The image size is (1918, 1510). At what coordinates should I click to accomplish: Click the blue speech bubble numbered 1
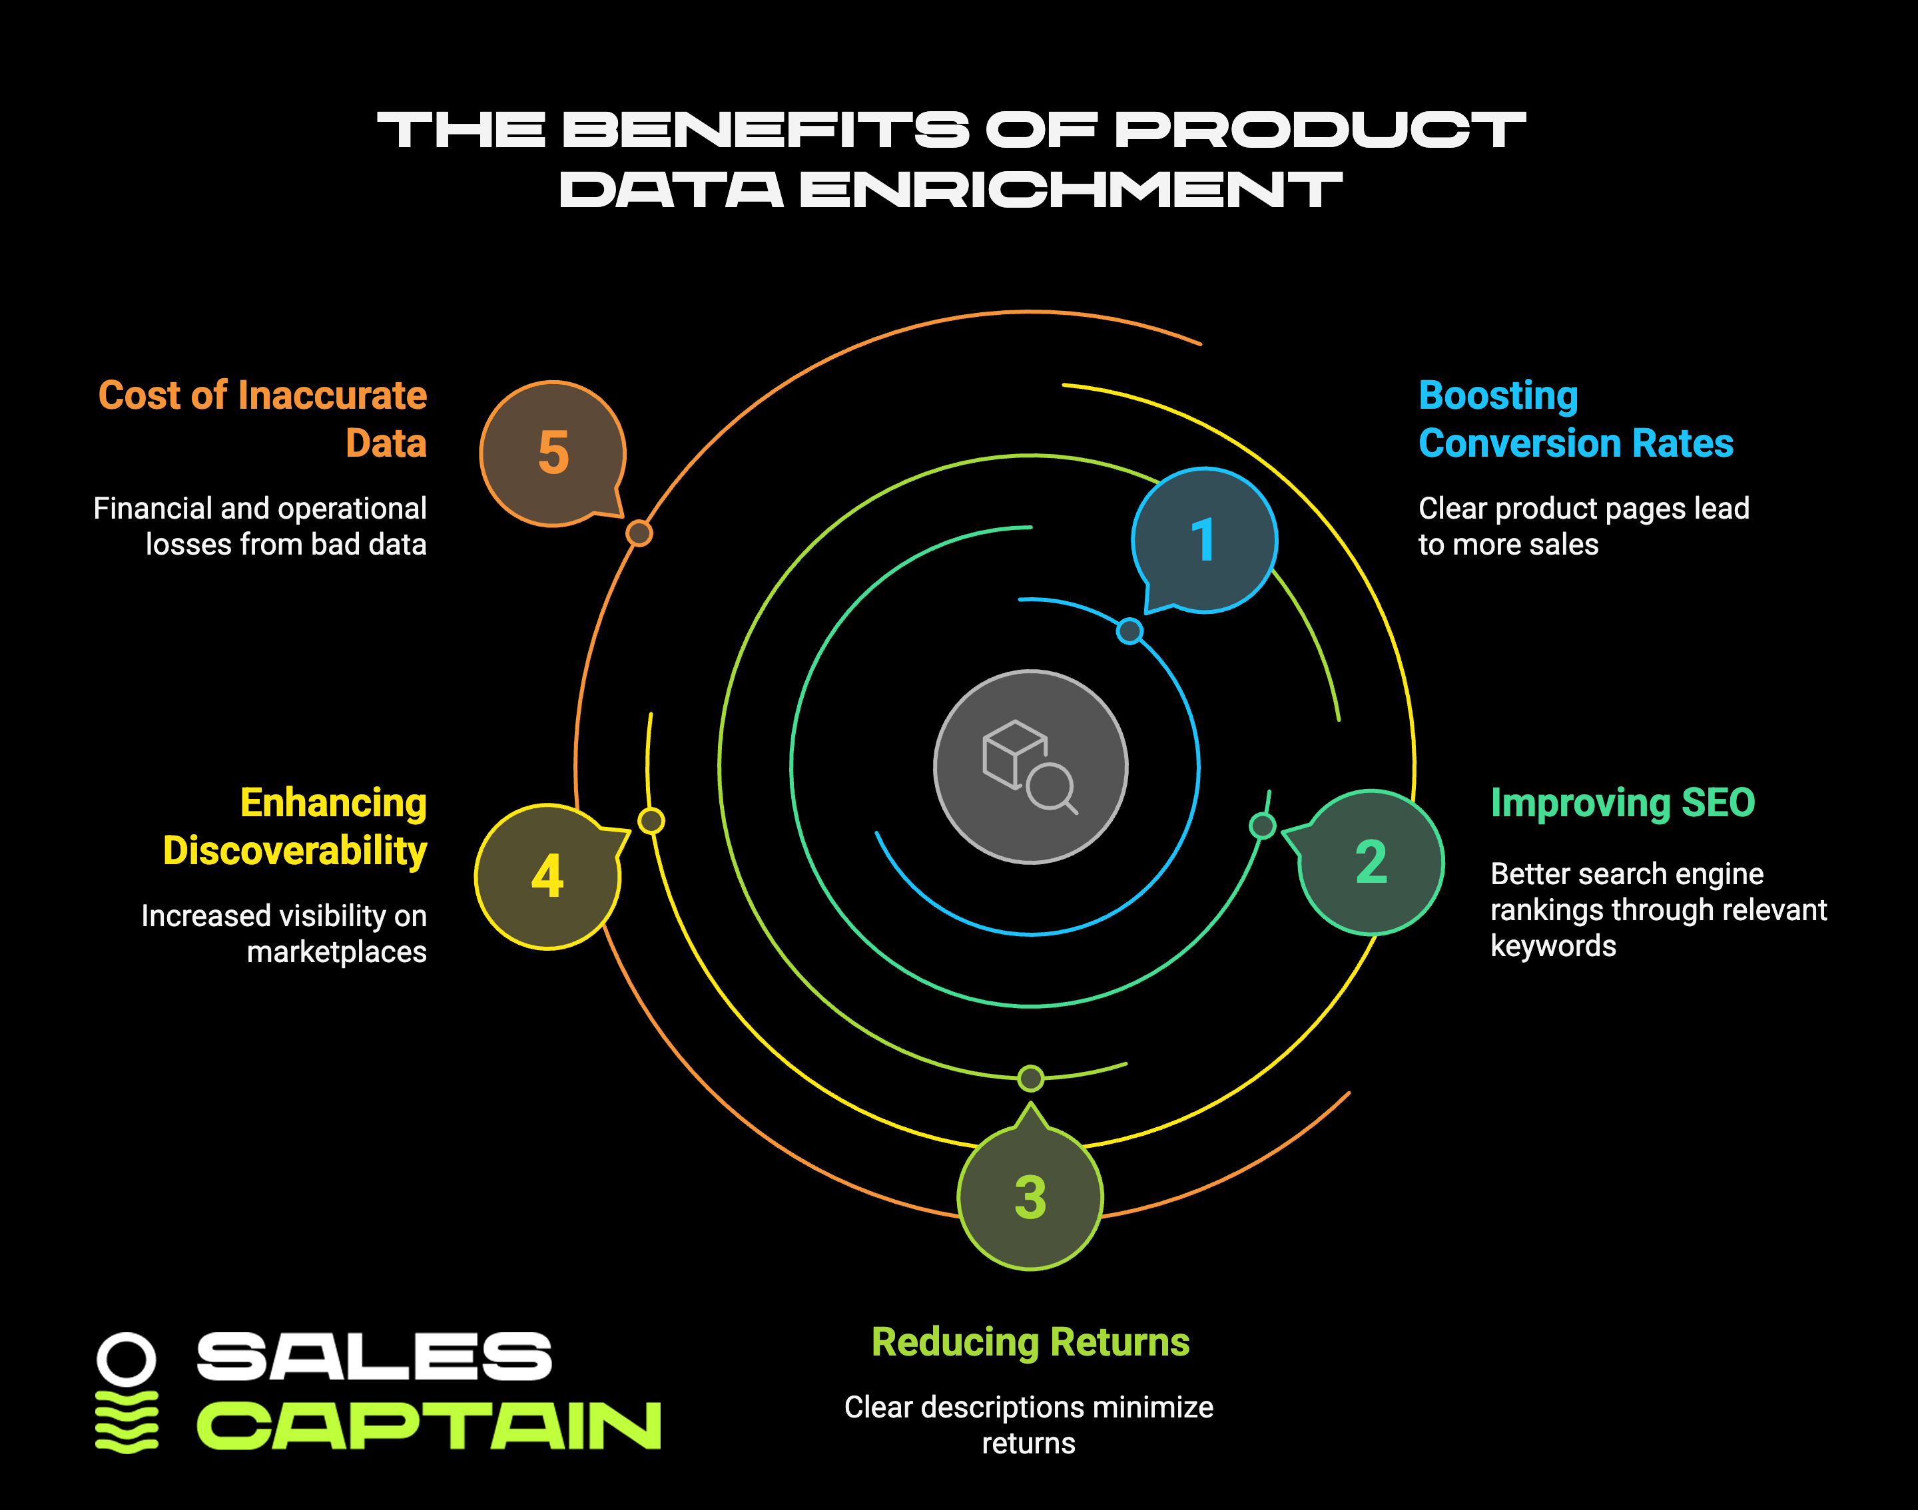click(1204, 540)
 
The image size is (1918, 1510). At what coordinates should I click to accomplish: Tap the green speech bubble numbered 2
click(1371, 862)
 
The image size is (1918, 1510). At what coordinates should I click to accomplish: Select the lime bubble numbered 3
click(1030, 1196)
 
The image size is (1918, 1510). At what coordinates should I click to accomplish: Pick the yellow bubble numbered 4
click(547, 876)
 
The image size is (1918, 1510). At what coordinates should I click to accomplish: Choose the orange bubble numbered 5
click(553, 453)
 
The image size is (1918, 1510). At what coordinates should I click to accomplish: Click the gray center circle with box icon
click(1031, 766)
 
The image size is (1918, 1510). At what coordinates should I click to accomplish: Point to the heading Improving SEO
click(1623, 803)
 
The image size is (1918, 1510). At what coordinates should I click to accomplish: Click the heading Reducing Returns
click(1030, 1342)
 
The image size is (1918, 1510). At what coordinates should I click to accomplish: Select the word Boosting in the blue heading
click(1498, 395)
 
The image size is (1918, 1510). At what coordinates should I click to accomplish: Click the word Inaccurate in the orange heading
click(332, 395)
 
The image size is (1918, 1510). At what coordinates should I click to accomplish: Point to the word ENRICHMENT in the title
click(1071, 189)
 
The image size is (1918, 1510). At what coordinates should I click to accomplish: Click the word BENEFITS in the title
click(766, 129)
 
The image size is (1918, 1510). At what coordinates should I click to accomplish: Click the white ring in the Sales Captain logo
click(127, 1359)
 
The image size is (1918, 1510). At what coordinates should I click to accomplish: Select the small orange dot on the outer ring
click(639, 533)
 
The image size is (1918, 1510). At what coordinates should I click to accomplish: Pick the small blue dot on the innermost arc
click(1129, 630)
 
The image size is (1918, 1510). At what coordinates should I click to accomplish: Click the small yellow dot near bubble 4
click(651, 820)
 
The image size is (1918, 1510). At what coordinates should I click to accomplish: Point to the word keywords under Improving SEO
click(1553, 946)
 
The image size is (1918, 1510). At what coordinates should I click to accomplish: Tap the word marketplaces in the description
click(337, 952)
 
